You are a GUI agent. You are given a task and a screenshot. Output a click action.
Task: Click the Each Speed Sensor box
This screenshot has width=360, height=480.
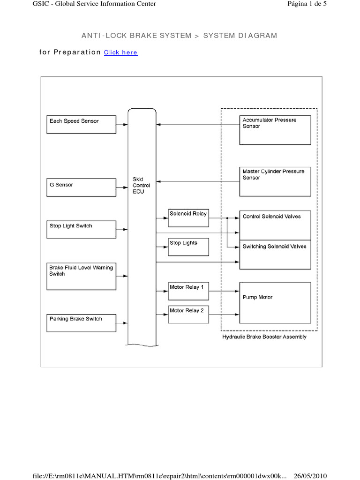click(81, 124)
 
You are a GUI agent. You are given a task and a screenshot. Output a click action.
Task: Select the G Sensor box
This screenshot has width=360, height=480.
click(81, 187)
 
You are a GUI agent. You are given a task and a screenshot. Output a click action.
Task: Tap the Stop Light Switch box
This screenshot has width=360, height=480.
click(81, 229)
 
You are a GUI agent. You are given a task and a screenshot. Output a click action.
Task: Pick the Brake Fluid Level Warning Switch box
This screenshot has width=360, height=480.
click(81, 276)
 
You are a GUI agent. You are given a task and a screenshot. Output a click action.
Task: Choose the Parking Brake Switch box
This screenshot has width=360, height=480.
click(81, 322)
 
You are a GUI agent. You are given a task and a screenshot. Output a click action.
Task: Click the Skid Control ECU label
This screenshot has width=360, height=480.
click(142, 185)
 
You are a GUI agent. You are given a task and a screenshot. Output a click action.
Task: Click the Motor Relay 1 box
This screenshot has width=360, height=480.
click(188, 290)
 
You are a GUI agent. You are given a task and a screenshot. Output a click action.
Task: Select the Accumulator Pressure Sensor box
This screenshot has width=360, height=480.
click(275, 130)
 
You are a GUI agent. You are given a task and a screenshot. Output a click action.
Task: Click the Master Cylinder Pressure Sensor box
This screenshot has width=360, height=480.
click(275, 181)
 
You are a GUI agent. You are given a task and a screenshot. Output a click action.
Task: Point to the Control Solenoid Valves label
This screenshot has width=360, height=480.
click(271, 217)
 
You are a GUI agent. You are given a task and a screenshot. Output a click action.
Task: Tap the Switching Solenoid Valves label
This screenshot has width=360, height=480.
click(274, 247)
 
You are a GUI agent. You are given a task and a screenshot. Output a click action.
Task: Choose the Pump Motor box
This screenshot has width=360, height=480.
click(275, 302)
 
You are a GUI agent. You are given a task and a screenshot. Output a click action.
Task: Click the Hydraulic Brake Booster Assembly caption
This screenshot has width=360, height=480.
click(264, 337)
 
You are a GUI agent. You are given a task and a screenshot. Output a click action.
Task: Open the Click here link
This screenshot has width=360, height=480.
click(120, 52)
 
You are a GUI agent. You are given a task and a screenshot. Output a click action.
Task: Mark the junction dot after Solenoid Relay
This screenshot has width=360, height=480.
click(227, 218)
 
